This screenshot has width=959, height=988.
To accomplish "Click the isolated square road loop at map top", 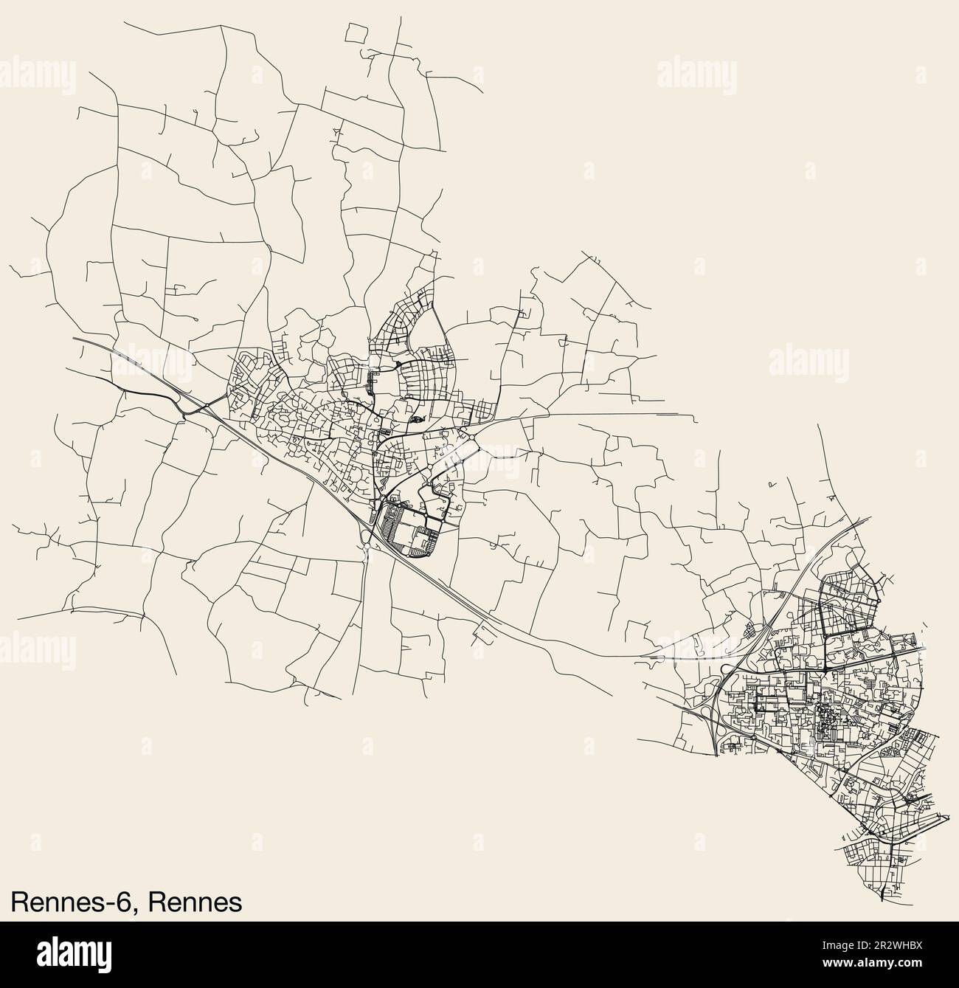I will click(356, 32).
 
